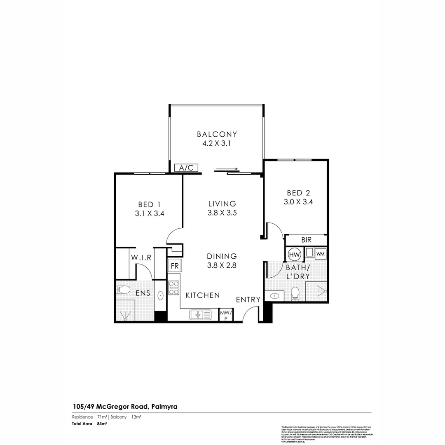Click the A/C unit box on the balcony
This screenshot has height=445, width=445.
coord(187,168)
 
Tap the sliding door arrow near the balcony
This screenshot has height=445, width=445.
coord(226,169)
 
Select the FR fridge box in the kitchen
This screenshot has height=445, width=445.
coord(175,266)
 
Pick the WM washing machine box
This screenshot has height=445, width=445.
coord(321,254)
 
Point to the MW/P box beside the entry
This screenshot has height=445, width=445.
coord(226,315)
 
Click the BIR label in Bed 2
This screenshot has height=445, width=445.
coord(306,240)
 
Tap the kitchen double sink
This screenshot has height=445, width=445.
coord(200,315)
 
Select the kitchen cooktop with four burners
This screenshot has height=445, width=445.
coord(173,287)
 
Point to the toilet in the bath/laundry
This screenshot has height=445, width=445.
coord(295,294)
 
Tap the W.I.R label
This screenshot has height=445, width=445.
coord(142,258)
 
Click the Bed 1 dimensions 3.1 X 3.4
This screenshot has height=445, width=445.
coord(149,214)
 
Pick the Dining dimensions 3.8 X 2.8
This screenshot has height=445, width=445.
coord(222,266)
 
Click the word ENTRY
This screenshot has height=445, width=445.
coord(248,300)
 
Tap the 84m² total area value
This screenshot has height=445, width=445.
coord(102,423)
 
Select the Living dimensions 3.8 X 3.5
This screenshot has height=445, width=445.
coord(222,213)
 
